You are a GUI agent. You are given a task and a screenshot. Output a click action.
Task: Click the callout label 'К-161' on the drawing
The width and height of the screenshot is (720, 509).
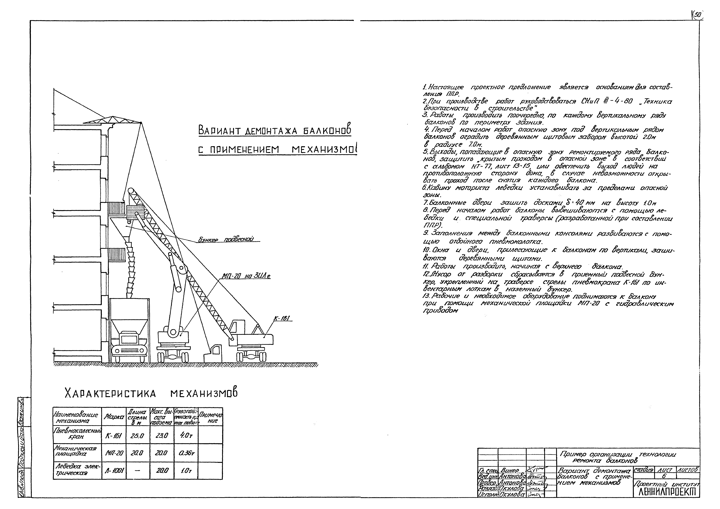[283, 318]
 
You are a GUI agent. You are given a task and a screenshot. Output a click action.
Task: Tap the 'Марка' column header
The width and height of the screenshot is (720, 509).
[114, 417]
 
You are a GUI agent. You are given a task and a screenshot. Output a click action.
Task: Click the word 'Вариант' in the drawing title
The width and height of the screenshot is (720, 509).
[220, 129]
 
